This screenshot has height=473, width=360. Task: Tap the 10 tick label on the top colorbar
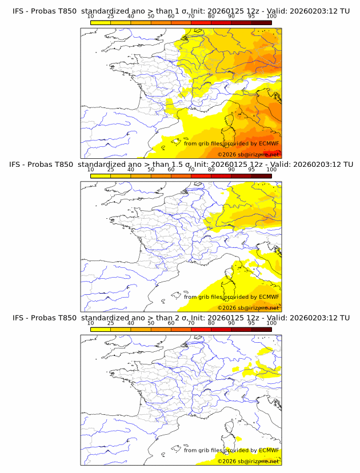tap(90, 16)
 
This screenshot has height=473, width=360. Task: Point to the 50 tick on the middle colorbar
tap(151, 170)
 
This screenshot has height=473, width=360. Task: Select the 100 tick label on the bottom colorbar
tap(271, 323)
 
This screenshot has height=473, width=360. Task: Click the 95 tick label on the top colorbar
tap(251, 16)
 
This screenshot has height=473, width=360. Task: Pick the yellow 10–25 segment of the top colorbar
tap(101, 22)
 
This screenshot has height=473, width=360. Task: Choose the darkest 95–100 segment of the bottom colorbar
tap(261, 328)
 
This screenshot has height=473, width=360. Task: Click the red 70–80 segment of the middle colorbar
tap(201, 175)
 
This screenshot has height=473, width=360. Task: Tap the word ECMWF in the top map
tap(269, 143)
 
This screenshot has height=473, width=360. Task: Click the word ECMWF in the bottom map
tap(269, 450)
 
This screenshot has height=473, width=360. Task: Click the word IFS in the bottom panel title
tap(19, 318)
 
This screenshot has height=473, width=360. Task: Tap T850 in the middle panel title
tap(64, 165)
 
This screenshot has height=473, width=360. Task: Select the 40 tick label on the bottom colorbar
tap(131, 323)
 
